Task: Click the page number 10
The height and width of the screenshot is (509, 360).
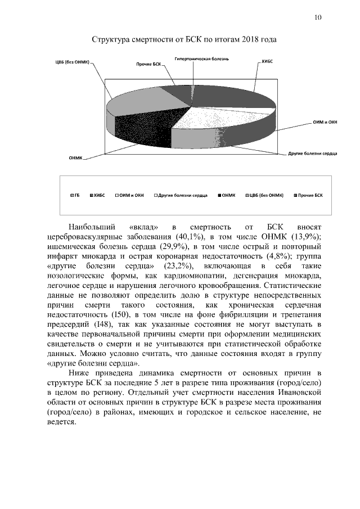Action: (318, 17)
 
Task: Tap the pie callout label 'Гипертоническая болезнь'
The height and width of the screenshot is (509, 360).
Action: (201, 58)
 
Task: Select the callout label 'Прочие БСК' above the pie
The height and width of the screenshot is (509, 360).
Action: (148, 65)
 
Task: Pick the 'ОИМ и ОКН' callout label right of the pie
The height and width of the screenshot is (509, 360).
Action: (325, 122)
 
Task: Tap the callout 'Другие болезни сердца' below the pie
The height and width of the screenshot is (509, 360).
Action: (312, 153)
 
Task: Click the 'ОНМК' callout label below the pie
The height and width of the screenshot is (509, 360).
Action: (75, 158)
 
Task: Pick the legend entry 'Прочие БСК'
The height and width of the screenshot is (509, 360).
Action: (310, 195)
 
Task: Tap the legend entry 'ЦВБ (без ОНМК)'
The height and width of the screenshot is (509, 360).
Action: (265, 195)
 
